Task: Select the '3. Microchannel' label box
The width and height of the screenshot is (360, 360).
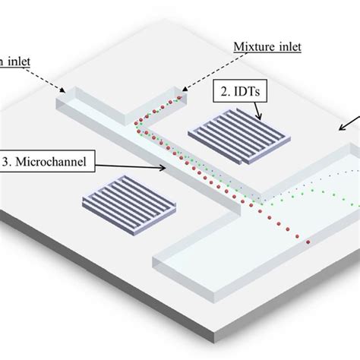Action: point(48,161)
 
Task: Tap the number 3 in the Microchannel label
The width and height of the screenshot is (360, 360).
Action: point(8,161)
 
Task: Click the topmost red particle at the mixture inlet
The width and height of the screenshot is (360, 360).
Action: point(179,98)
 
